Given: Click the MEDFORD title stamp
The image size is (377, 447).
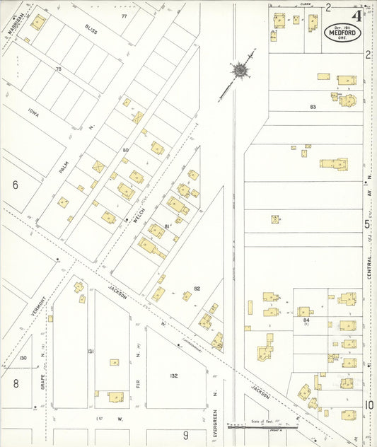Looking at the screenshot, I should coord(343,32).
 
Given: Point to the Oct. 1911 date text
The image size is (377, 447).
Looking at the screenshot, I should coord(343,25).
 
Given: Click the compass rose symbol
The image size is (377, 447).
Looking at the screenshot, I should coord(240,70).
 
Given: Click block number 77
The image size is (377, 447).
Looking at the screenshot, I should coord(124,16).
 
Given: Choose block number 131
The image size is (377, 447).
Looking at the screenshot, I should coord(91,352).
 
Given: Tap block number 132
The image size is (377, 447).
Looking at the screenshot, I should coord(173,376).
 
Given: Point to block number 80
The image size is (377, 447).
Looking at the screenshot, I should coord(126,150).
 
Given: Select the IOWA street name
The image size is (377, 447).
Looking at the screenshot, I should coord(33,112).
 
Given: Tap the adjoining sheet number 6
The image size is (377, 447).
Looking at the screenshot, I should coord(15,185).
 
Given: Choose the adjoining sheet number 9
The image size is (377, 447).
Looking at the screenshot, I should coord(186,435).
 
